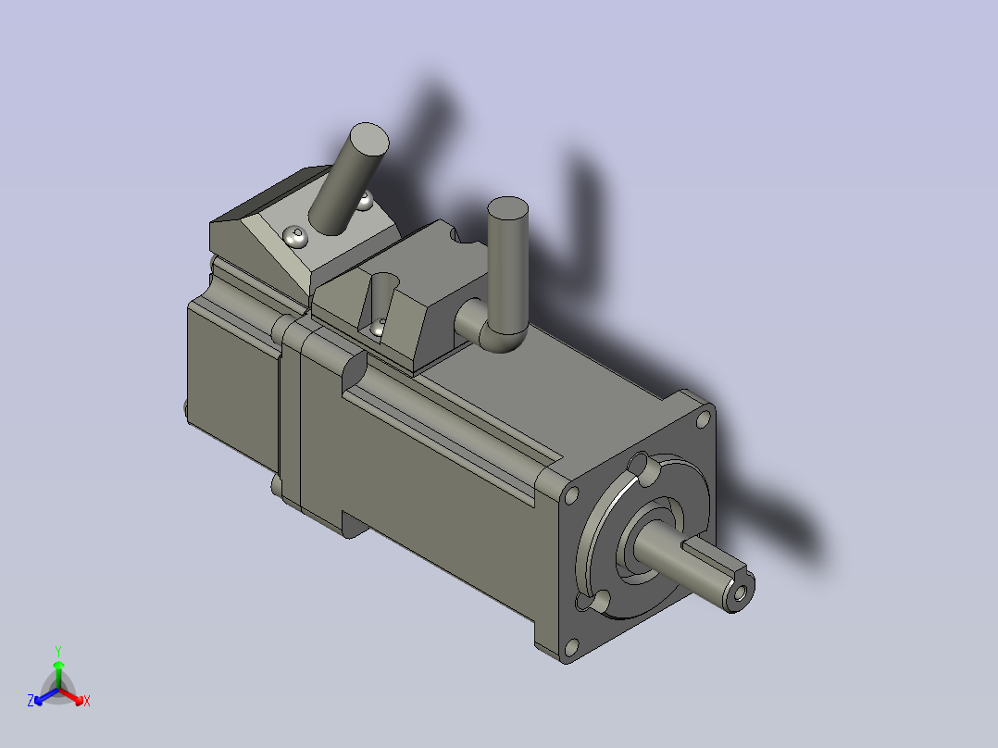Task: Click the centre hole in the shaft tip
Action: click(x=740, y=593)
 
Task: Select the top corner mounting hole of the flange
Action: click(x=704, y=419)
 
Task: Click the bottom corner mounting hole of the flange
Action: click(x=571, y=647)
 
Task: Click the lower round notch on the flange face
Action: click(x=598, y=602)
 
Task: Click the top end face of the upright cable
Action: click(x=508, y=209)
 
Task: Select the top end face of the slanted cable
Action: click(x=369, y=138)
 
